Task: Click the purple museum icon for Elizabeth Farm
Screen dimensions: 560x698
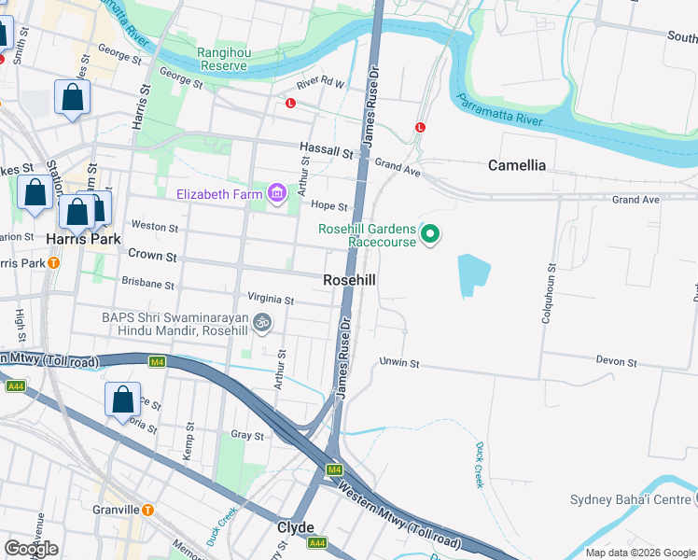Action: (x=276, y=194)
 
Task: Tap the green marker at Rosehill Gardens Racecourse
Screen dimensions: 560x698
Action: (x=430, y=233)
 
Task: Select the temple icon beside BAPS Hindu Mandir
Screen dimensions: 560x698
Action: (x=263, y=324)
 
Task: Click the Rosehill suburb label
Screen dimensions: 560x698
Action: (x=350, y=280)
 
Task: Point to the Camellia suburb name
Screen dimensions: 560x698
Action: (x=517, y=165)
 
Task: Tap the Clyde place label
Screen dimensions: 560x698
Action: (x=296, y=527)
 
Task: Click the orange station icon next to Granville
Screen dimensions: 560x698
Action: (x=147, y=510)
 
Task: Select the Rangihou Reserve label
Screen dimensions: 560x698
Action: (x=224, y=60)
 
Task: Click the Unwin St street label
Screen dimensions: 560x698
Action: (x=399, y=362)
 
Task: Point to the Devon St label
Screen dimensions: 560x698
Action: (x=617, y=362)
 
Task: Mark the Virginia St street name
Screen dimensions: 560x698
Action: (x=271, y=301)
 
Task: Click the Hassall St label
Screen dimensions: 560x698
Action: (x=326, y=148)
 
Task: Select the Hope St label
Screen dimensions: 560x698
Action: (x=328, y=206)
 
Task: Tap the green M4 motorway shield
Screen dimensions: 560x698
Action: (x=334, y=469)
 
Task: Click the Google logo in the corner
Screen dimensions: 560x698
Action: (x=32, y=548)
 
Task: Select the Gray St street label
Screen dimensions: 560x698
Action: (x=247, y=436)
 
